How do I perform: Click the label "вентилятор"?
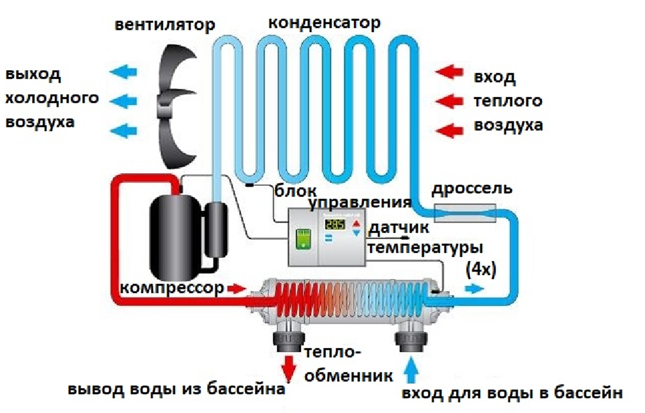coord(164,25)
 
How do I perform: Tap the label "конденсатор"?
coord(324,22)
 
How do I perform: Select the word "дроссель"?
coord(472,189)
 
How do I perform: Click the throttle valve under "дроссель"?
coord(465,212)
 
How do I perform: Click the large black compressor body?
coord(175,237)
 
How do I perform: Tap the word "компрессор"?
coord(172,288)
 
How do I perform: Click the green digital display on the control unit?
coord(335,224)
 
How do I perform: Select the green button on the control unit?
coord(304,239)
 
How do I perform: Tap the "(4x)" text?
coord(481,269)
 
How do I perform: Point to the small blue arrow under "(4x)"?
coord(474,289)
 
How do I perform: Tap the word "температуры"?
coord(425,248)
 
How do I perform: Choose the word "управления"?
coord(360,203)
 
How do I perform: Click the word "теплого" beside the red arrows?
coord(508,101)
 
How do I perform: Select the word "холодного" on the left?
coord(52,98)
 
